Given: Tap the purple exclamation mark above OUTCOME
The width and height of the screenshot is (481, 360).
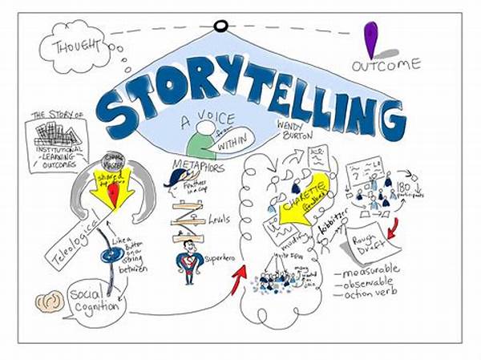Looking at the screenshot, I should coord(370,39).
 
